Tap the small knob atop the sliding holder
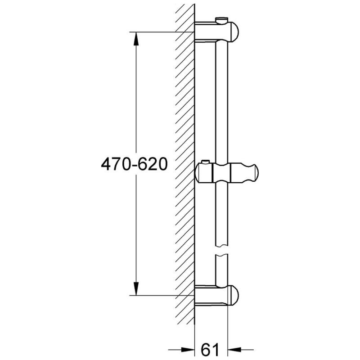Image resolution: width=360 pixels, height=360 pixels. click(206, 162)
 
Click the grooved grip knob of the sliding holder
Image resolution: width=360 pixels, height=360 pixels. click(245, 174)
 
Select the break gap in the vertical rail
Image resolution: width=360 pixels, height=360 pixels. click(221, 251)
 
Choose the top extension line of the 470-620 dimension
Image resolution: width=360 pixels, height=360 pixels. click(157, 32)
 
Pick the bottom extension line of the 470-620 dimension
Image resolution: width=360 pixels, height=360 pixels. click(157, 296)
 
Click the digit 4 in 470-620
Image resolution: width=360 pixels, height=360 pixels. click(104, 164)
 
